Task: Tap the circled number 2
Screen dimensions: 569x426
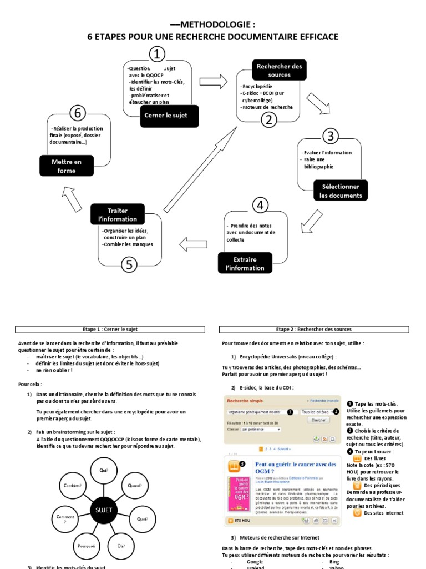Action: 268,119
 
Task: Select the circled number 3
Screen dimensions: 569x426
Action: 330,136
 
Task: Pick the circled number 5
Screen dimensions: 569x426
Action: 130,264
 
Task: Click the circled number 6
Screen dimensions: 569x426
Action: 77,113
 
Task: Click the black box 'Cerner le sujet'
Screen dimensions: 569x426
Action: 169,116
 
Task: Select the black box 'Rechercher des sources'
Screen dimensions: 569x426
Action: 279,70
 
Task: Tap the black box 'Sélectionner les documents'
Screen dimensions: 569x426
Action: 340,191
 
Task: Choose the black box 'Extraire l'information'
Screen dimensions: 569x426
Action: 245,263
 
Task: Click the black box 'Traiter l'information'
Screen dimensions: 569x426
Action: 117,214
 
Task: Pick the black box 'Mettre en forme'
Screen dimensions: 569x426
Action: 67,166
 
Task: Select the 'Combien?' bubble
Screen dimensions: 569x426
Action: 73,485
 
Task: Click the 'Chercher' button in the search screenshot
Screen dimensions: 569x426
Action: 318,420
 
